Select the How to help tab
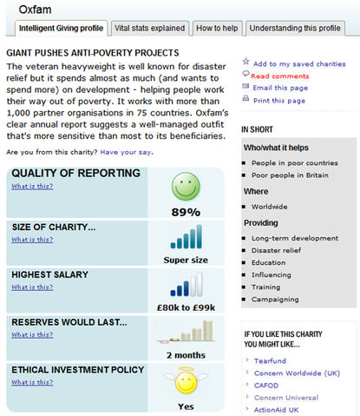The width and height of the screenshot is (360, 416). coord(218,29)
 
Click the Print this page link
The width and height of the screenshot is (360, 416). coord(278,101)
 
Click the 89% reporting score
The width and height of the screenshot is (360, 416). coord(187,211)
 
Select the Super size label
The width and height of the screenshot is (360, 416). coord(187,259)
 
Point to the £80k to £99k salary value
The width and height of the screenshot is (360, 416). coord(187,307)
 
